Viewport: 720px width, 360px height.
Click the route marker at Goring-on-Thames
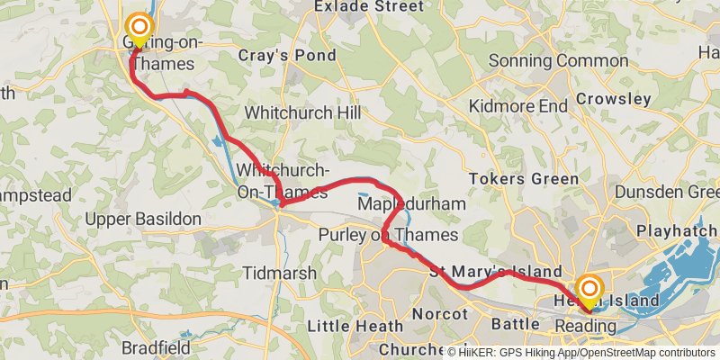(x=139, y=27)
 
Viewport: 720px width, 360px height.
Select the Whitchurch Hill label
(x=302, y=113)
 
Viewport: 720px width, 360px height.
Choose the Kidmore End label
(x=518, y=106)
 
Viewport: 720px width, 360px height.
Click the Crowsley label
(x=613, y=98)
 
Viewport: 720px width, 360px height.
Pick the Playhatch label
(x=676, y=231)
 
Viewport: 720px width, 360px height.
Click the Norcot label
(x=440, y=314)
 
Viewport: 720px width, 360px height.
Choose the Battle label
(x=515, y=321)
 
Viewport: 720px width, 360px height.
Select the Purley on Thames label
(x=389, y=236)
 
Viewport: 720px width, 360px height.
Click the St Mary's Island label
(x=495, y=272)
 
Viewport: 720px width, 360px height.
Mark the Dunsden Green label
(x=665, y=191)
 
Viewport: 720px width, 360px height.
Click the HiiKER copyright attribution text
(x=581, y=353)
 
